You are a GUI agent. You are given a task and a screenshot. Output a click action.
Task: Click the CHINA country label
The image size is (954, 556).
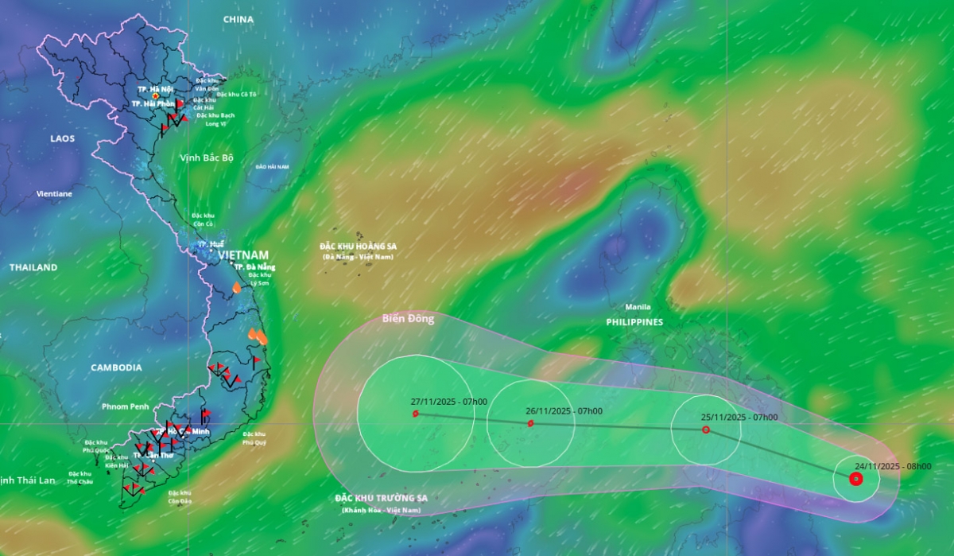(x=238, y=19)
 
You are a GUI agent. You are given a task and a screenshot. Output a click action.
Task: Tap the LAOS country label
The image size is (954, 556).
(x=62, y=138)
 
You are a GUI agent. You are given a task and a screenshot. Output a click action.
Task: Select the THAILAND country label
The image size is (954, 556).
(x=33, y=267)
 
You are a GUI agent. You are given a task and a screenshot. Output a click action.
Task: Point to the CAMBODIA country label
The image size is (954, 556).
(x=116, y=367)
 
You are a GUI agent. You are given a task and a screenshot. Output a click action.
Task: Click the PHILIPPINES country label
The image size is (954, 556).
(x=634, y=322)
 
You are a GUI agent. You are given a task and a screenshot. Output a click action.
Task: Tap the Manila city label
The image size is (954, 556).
(x=638, y=307)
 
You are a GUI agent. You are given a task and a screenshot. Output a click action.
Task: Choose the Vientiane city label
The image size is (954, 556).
(x=54, y=193)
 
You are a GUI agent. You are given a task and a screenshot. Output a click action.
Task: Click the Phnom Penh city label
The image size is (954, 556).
(x=125, y=406)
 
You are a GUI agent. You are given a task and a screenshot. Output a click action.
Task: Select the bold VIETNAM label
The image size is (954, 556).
(x=243, y=255)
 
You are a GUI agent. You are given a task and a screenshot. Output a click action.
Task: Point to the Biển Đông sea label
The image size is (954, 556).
(x=408, y=319)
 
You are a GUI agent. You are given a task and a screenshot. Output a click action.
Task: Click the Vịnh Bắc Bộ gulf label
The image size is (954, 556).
(x=207, y=157)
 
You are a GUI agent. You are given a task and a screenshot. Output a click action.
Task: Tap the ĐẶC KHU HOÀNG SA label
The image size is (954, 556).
(x=358, y=247)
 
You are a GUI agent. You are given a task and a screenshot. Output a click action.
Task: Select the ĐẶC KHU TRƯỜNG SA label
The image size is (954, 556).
(x=382, y=498)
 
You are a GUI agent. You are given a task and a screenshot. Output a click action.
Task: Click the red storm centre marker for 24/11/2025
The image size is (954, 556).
(x=855, y=479)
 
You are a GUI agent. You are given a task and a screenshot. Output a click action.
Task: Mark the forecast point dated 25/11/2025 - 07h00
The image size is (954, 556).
(x=706, y=430)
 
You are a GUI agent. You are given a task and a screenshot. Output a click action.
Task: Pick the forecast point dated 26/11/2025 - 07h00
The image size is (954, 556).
(x=530, y=423)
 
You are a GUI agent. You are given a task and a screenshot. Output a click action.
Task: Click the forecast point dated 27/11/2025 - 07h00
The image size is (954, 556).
(x=416, y=414)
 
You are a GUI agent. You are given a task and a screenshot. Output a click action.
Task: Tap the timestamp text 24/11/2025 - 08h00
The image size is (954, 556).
(x=893, y=467)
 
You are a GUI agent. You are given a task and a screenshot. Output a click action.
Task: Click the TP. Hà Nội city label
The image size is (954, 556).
(x=156, y=89)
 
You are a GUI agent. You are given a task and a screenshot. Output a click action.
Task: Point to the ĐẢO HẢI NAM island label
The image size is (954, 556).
(x=273, y=166)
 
